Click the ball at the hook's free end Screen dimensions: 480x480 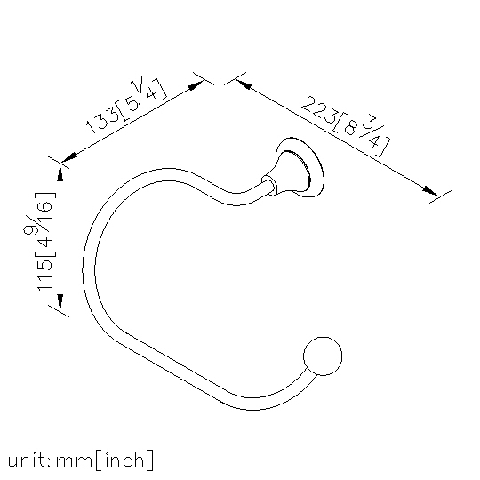[x=323, y=356]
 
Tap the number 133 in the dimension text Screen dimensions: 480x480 [x=102, y=120]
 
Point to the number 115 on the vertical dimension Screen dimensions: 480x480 [x=45, y=275]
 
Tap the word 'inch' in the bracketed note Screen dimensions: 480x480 [x=124, y=460]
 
